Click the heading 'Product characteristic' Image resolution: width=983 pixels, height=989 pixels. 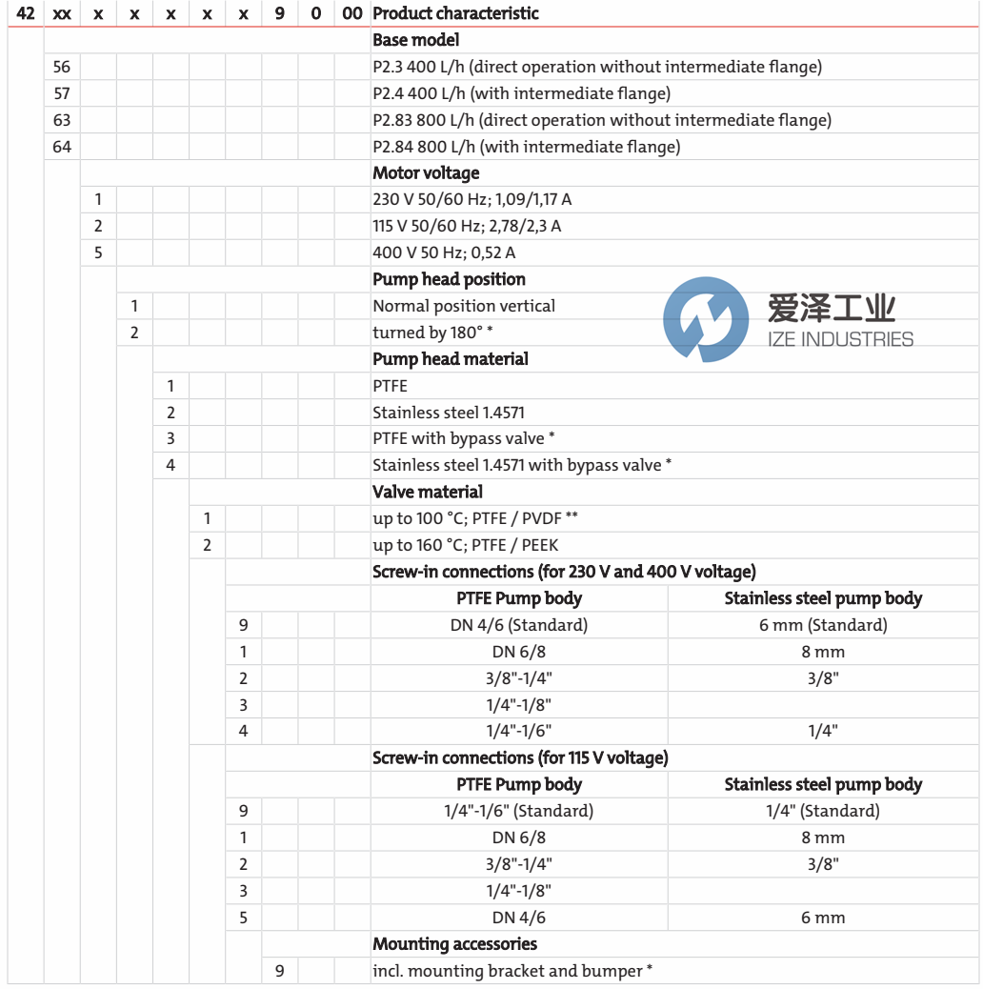pyautogui.click(x=455, y=13)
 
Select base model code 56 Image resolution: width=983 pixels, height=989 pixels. pyautogui.click(x=62, y=67)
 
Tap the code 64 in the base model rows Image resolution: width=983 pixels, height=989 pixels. pyautogui.click(x=62, y=147)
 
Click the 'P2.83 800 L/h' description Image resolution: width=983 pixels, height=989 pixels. pyautogui.click(x=601, y=120)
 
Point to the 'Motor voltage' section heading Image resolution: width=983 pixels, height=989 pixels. pyautogui.click(x=426, y=173)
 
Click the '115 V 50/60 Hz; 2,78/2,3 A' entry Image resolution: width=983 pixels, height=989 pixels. pyautogui.click(x=467, y=226)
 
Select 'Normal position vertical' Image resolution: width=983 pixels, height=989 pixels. pyautogui.click(x=464, y=306)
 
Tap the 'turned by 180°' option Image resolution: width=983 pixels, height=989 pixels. pyautogui.click(x=432, y=333)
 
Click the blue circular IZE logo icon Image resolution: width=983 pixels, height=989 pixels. pyautogui.click(x=706, y=319)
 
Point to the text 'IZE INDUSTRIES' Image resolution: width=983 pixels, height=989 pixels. pyautogui.click(x=839, y=339)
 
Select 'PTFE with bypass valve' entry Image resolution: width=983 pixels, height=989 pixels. pyautogui.click(x=464, y=438)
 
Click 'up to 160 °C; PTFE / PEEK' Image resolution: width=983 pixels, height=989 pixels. pyautogui.click(x=465, y=545)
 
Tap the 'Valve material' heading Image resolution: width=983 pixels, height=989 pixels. pyautogui.click(x=428, y=492)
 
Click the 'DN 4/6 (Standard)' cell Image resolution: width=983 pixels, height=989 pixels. pyautogui.click(x=519, y=625)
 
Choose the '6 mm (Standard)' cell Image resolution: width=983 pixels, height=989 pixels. pyautogui.click(x=823, y=625)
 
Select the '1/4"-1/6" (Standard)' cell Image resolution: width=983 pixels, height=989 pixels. pyautogui.click(x=519, y=811)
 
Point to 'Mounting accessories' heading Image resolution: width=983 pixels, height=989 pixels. pyautogui.click(x=454, y=944)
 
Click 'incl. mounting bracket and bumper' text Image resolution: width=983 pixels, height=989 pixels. pyautogui.click(x=512, y=971)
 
